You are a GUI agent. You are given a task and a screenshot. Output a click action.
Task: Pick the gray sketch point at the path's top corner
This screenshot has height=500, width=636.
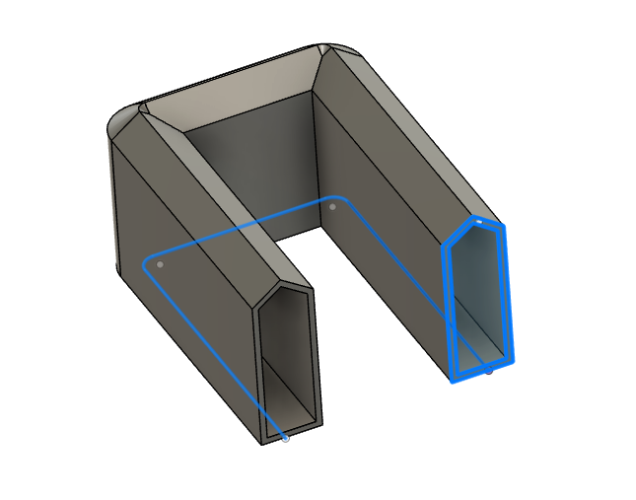coord(333,207)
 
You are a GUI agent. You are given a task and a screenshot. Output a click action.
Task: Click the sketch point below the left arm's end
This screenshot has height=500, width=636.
coord(286,438)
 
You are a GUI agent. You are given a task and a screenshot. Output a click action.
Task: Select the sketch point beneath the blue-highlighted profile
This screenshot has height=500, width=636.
coord(490,371)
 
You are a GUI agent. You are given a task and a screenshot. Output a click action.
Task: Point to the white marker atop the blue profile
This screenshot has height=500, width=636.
coord(478,223)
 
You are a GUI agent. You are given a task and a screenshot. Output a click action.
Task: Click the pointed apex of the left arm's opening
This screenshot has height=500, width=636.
coord(290,287)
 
